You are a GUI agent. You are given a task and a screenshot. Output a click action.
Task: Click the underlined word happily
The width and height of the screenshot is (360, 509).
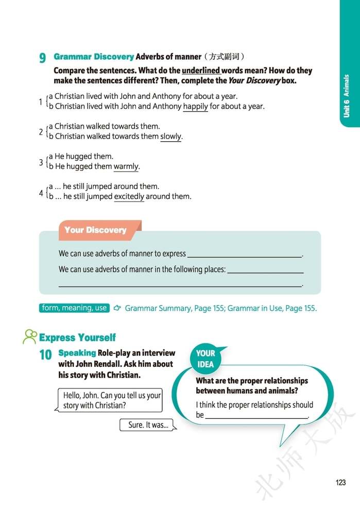(x=196, y=107)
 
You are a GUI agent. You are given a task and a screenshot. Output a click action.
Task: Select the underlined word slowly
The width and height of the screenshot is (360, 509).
(x=171, y=137)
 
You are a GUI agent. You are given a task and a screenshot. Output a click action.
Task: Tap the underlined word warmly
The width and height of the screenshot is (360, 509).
(x=126, y=166)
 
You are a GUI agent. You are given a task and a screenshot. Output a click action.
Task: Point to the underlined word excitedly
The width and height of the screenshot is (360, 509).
(x=129, y=196)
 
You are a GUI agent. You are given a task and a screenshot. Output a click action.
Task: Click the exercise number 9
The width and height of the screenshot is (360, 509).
(x=42, y=58)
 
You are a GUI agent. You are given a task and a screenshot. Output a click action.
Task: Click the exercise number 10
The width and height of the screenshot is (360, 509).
(x=45, y=354)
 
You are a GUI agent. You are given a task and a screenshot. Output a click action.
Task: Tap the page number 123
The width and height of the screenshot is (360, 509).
(x=340, y=482)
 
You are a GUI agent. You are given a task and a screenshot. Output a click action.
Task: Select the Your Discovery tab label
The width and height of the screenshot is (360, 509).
(x=96, y=230)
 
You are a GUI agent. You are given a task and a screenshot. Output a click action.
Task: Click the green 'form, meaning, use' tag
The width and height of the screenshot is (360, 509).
(x=74, y=308)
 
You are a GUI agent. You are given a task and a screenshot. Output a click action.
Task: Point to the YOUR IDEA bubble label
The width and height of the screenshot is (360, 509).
(x=205, y=359)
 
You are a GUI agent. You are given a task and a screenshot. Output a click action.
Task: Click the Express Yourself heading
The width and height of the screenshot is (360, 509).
(x=77, y=337)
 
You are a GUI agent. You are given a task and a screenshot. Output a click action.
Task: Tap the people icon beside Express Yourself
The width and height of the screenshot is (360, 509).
(x=30, y=336)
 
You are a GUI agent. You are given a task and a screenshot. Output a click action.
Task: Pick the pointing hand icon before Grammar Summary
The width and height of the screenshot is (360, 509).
(x=117, y=308)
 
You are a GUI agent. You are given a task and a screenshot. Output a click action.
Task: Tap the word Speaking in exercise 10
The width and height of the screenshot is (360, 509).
(x=77, y=353)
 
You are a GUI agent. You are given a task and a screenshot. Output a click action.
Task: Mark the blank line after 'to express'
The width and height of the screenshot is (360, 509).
(x=245, y=254)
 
